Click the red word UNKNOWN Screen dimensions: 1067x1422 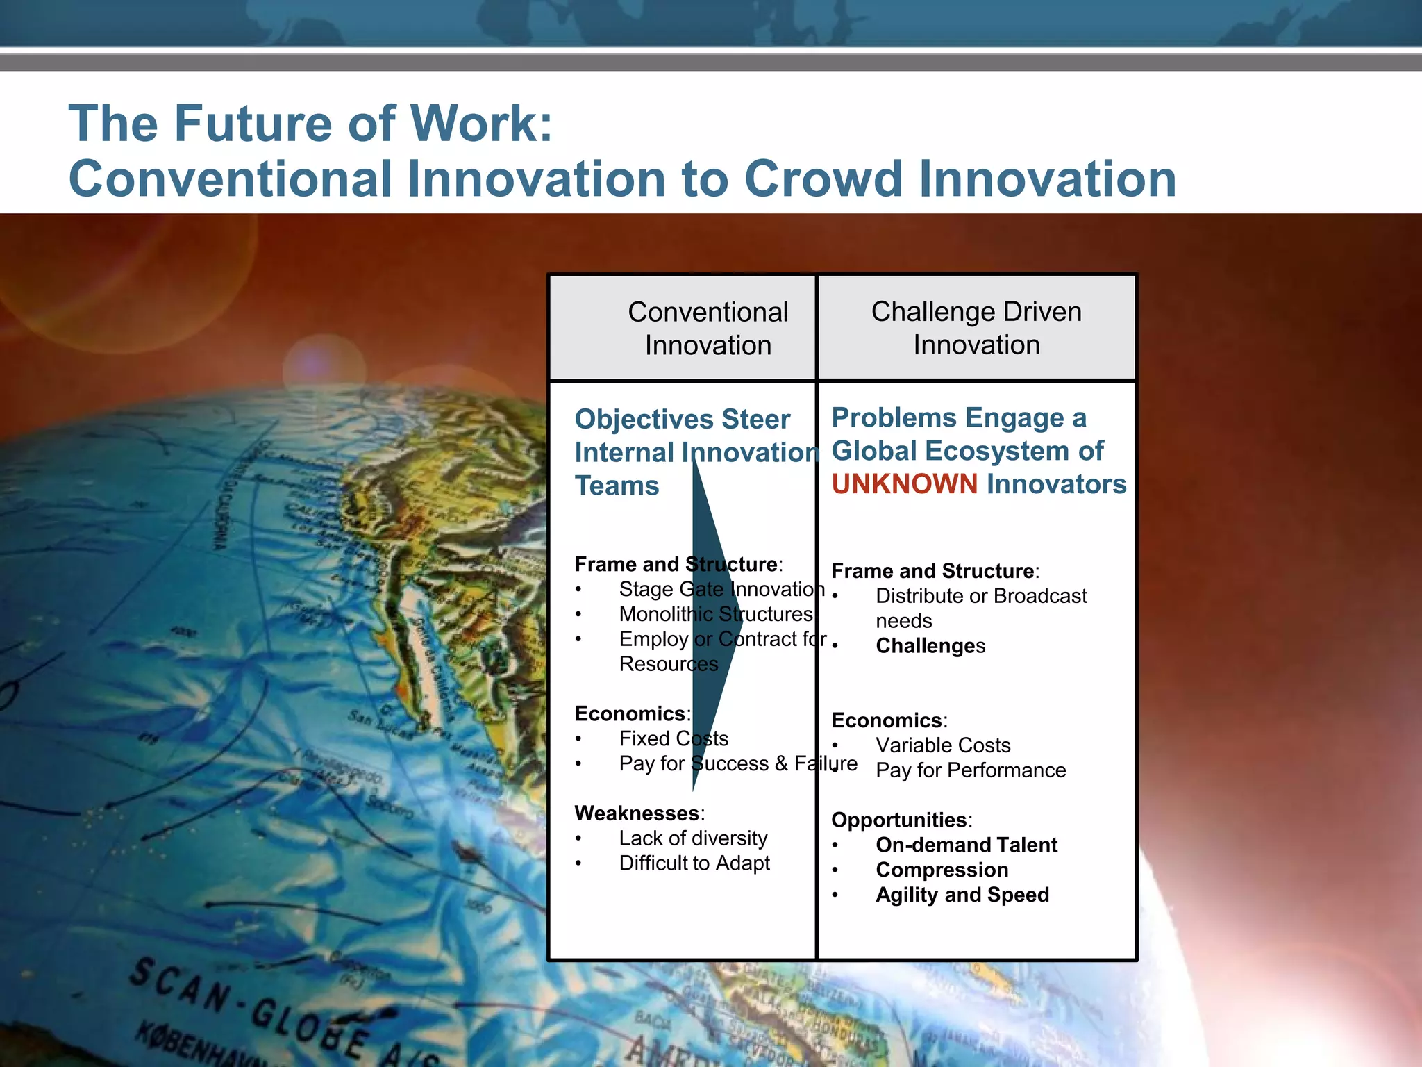coord(904,484)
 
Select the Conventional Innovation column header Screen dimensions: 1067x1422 coord(708,329)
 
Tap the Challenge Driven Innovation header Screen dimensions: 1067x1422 coord(976,328)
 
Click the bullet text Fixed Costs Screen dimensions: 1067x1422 coord(673,738)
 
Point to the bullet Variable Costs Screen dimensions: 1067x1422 coord(942,745)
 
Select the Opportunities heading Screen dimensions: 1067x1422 coord(900,820)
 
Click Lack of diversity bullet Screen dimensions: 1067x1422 coord(692,838)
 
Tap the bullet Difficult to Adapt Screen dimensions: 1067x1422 coord(694,863)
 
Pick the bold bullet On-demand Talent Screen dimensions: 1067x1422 coord(966,845)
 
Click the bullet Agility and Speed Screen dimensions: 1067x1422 coord(962,895)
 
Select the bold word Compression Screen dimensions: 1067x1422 coord(942,870)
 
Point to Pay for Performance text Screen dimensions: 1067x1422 coord(970,770)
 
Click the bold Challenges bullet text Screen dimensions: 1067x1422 coord(930,646)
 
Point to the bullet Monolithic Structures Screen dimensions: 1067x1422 coord(715,614)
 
